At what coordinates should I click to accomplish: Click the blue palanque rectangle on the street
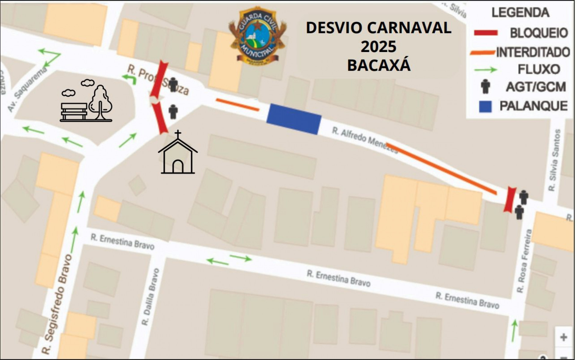[294, 119]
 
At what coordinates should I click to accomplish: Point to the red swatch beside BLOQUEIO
[486, 33]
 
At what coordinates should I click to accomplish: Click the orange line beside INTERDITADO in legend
[482, 53]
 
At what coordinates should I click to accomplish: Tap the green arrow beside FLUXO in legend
[485, 70]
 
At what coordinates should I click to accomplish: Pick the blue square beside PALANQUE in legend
[485, 106]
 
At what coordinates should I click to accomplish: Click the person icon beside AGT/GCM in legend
[485, 86]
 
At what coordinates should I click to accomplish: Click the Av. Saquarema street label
[27, 89]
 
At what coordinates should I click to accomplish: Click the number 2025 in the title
[379, 47]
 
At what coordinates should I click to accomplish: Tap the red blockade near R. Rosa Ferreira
[510, 199]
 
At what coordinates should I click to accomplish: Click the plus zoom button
[563, 337]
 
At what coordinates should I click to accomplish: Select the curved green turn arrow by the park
[130, 79]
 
